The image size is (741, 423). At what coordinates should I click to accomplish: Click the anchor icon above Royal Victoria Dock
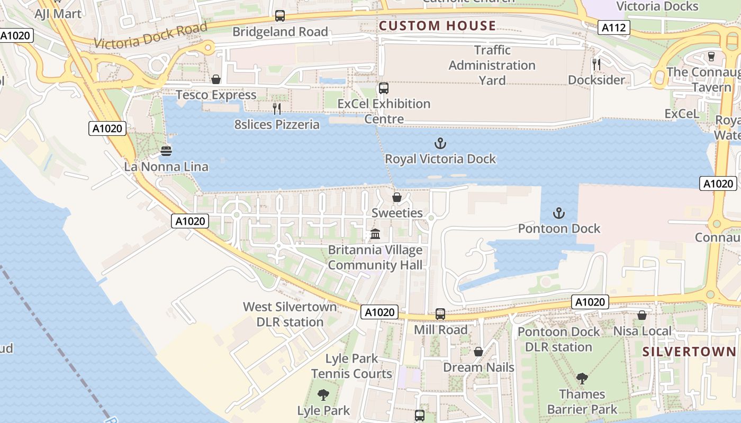tap(440, 143)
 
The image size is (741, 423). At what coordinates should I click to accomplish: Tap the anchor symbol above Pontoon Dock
tap(559, 213)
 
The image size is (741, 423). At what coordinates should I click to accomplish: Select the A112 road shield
tap(614, 27)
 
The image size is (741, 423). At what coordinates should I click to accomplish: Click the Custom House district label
tap(437, 25)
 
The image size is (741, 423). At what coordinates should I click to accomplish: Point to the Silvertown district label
tap(689, 352)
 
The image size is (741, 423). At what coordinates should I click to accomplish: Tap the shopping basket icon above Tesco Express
tap(216, 80)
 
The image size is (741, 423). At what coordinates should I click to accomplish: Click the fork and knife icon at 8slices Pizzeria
tap(277, 109)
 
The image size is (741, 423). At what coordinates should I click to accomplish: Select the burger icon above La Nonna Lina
tap(166, 151)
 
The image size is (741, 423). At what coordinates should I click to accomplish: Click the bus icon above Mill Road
tap(440, 314)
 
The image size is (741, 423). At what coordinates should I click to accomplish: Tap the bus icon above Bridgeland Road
tap(280, 16)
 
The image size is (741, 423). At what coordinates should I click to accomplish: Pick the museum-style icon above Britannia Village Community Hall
tap(375, 234)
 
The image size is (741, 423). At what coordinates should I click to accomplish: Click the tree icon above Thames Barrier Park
tap(582, 379)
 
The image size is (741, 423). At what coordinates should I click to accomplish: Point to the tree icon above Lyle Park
tap(323, 395)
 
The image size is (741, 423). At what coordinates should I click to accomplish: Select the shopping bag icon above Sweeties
tap(396, 197)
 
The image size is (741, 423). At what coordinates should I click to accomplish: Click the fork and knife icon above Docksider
tap(597, 65)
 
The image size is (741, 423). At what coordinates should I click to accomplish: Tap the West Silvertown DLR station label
tap(290, 314)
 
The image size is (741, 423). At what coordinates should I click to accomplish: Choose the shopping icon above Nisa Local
tap(642, 315)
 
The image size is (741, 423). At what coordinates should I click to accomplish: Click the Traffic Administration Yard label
tap(492, 65)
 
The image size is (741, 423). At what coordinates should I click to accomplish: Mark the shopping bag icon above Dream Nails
tap(478, 352)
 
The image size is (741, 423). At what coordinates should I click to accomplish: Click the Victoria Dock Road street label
tap(150, 36)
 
